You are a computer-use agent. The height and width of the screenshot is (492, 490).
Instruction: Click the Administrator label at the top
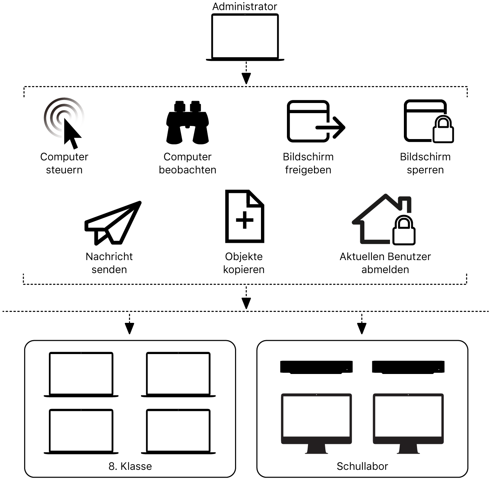[244, 6]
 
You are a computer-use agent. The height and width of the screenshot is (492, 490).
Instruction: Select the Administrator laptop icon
[245, 37]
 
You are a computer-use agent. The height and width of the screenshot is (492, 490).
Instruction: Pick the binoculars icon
[187, 122]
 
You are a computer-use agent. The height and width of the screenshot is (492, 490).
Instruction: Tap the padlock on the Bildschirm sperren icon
[443, 130]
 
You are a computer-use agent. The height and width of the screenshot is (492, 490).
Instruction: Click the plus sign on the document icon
[244, 220]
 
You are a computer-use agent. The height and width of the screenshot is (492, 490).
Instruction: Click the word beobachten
[187, 170]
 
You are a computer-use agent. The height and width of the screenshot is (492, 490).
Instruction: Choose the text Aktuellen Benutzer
[385, 256]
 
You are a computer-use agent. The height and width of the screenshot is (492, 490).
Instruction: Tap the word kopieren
[244, 269]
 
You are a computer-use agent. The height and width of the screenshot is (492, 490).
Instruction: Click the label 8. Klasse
[130, 466]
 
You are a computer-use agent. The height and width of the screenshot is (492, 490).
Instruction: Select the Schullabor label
[362, 466]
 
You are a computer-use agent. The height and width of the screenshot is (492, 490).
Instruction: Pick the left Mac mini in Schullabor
[316, 367]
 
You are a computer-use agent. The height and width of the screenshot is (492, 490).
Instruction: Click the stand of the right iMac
[408, 449]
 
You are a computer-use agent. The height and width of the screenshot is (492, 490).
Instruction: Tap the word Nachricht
[109, 256]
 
